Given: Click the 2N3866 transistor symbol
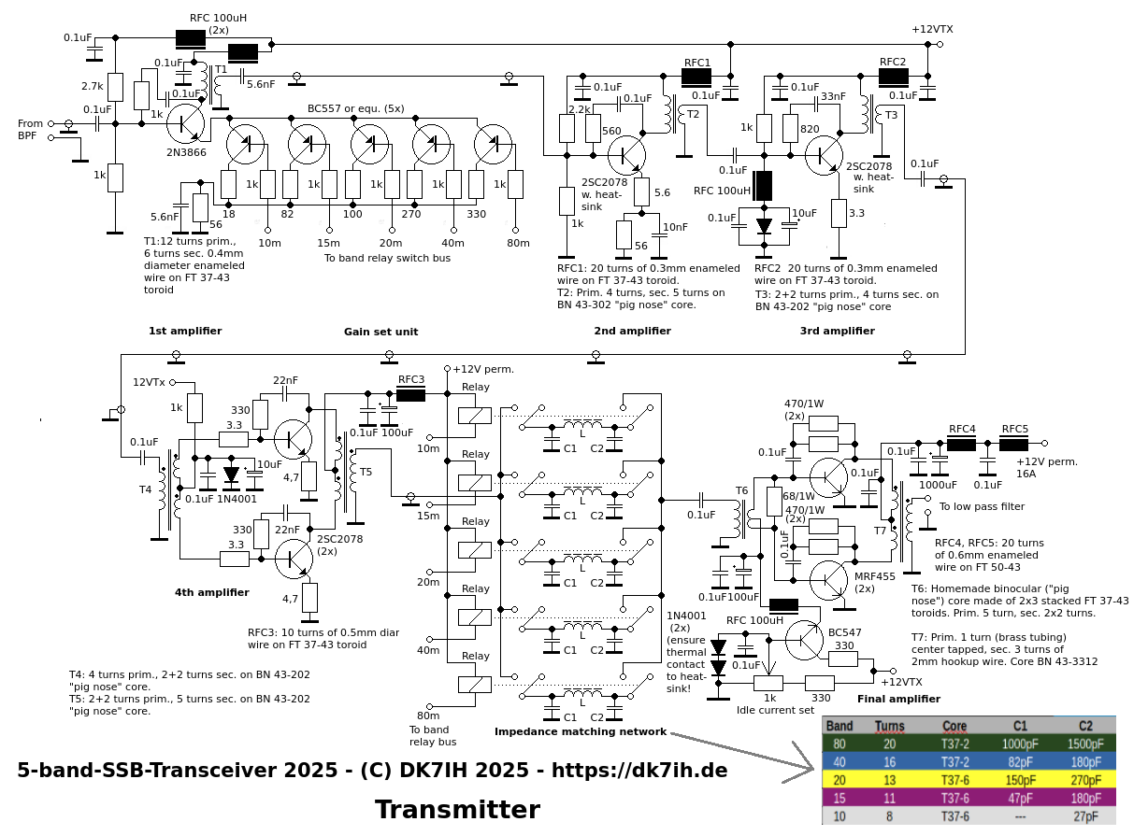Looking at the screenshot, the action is tap(185, 124).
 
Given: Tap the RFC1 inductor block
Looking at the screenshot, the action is tap(696, 78).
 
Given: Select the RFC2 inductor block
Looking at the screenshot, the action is tap(894, 78).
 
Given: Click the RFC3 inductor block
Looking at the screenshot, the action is tap(410, 394).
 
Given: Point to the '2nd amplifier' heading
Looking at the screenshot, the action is tap(632, 331).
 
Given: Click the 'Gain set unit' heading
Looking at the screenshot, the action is tap(380, 332).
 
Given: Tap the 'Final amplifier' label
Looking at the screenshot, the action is tap(899, 699).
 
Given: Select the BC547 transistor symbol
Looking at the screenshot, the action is tap(804, 640).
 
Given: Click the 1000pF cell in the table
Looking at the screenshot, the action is tap(1020, 744).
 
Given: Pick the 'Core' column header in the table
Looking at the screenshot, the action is tap(954, 726).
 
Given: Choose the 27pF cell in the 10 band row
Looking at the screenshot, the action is tap(1085, 816).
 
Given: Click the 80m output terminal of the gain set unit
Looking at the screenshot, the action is tap(516, 231).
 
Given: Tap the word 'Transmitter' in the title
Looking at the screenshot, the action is tap(457, 810).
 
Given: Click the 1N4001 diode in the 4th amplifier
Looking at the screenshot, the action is tap(231, 475).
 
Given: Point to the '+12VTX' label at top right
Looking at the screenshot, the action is tap(932, 29).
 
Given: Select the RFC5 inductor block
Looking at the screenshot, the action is tap(1013, 444).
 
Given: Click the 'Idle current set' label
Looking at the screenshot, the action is tap(775, 710).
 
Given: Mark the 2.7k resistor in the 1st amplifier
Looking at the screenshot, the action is tap(115, 87).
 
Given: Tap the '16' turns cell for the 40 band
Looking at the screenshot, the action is tap(889, 762).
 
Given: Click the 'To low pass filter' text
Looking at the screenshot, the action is tap(982, 506).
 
